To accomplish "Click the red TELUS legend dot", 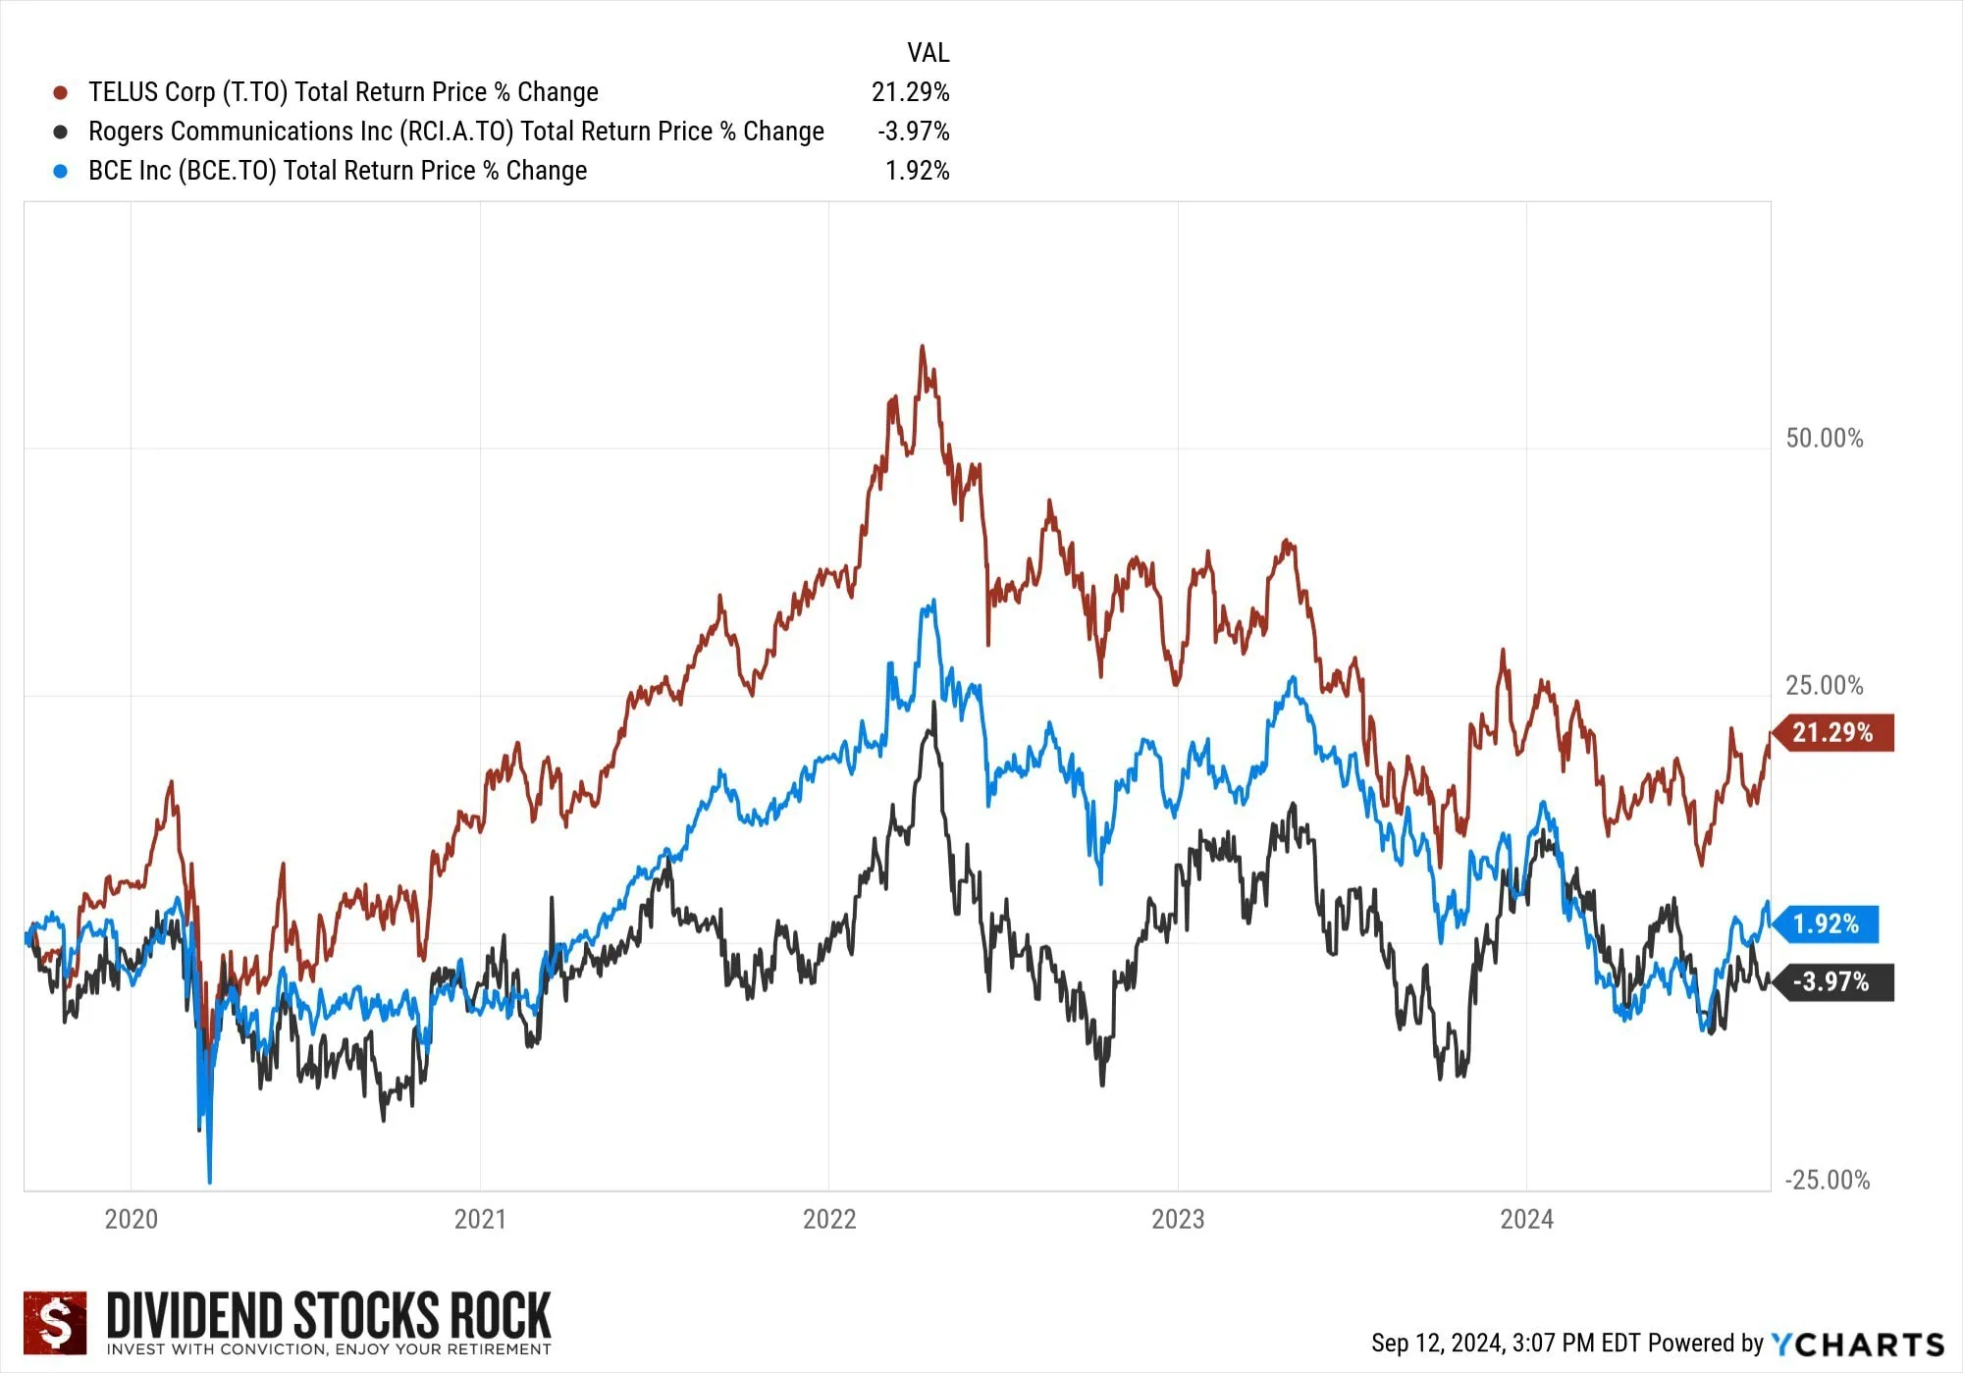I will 61,93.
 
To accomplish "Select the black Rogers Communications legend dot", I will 61,132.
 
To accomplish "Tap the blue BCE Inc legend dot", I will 61,172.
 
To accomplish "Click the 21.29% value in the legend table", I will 910,92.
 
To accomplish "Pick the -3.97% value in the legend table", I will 913,132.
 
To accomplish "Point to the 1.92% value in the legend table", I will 917,171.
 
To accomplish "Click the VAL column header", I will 928,52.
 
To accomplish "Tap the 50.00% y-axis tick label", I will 1824,439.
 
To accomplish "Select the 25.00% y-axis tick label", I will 1824,686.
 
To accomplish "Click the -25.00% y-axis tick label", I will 1827,1181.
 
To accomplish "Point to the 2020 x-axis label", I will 131,1220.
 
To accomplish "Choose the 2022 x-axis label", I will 829,1220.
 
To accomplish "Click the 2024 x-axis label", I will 1526,1220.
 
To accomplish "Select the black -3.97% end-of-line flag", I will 1831,982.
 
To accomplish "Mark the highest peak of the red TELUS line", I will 922,346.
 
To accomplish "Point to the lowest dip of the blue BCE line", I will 209,1181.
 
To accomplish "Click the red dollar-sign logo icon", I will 55,1322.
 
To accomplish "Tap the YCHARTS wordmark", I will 1857,1345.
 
